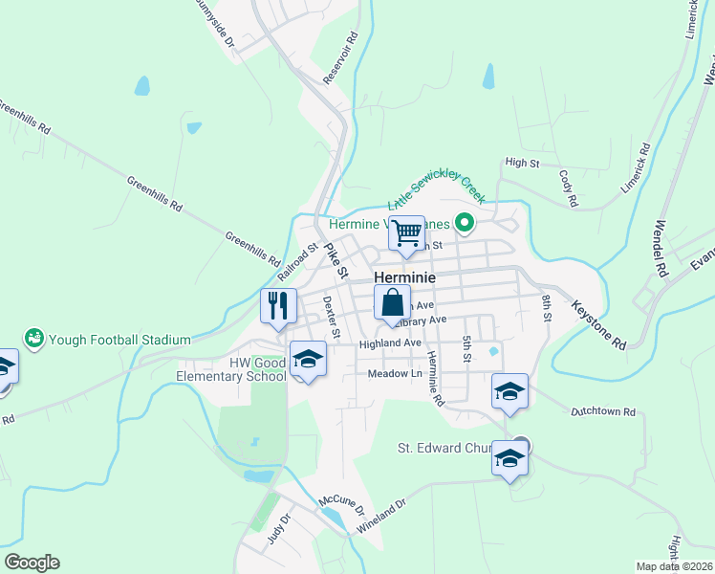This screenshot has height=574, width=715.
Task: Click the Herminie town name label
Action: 404,277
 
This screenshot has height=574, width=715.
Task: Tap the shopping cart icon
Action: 407,232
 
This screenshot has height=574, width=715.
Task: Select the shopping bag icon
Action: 392,303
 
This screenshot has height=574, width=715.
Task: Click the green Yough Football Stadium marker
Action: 34,338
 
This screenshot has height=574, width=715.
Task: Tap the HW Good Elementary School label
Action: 231,369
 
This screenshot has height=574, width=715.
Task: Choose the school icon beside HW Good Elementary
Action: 307,359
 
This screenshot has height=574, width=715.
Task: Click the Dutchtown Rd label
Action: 603,412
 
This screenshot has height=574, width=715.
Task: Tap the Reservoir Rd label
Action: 340,58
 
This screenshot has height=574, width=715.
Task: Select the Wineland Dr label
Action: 381,515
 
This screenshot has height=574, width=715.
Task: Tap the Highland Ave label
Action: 390,343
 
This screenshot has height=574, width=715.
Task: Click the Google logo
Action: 32,563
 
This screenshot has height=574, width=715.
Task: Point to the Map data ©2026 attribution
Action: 676,566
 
